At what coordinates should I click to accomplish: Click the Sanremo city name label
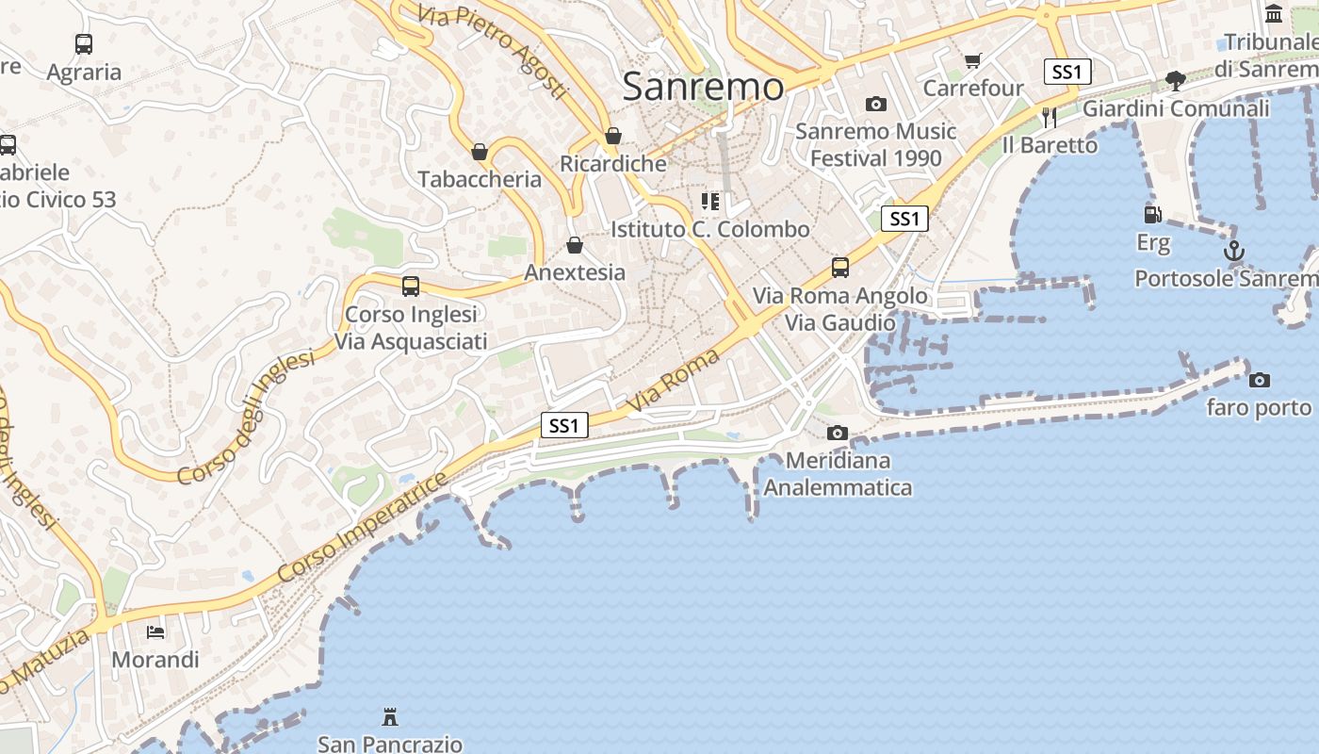coord(703,87)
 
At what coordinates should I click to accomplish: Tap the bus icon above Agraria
coord(84,43)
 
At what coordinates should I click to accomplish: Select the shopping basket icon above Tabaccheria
coord(480,152)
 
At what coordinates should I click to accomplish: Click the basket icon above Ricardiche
coord(613,136)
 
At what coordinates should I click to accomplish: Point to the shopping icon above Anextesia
coord(575,245)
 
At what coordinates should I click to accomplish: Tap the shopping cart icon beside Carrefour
coord(973,61)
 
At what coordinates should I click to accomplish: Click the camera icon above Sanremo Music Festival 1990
coord(876,104)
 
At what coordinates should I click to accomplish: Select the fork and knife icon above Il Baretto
coord(1050,117)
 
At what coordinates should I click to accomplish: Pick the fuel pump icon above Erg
coord(1152,215)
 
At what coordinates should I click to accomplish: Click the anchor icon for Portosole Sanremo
coord(1233,251)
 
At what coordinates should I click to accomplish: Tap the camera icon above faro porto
coord(1259,380)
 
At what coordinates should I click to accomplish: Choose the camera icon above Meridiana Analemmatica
coord(837,434)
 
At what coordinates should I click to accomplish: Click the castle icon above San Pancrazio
coord(389,717)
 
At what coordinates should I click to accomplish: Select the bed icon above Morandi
coord(155,631)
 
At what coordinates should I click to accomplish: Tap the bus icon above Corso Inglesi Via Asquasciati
coord(411,287)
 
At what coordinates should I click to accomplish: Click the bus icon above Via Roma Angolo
coord(840,268)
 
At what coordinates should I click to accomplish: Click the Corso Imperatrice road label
coord(364,527)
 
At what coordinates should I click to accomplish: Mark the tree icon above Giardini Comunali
coord(1175,80)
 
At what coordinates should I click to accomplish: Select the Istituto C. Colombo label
coord(709,229)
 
